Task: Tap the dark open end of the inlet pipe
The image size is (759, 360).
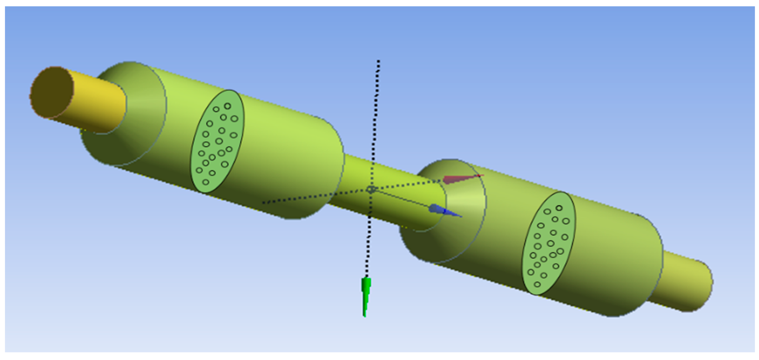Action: point(52,92)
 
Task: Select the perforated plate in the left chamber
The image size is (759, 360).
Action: point(217,141)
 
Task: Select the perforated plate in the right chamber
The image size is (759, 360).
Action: point(549,243)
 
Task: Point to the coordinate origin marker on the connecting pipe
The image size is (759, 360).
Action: point(371,189)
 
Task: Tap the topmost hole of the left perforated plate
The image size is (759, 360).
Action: point(227,106)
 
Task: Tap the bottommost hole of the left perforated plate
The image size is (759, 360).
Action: point(206,182)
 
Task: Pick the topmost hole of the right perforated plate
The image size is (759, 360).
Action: point(559,208)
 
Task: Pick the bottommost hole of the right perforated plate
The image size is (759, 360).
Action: point(537,284)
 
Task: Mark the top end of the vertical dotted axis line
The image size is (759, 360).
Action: point(379,61)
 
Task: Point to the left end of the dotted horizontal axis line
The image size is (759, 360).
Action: point(263,203)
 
